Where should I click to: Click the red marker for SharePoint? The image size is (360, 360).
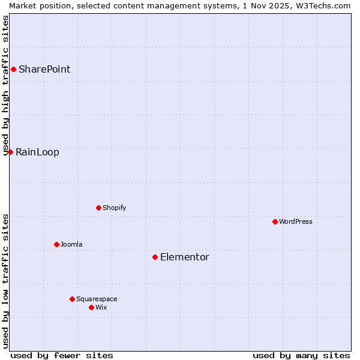[x=13, y=69]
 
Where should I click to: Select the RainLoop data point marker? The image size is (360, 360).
[x=10, y=152]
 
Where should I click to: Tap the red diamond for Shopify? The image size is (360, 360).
[x=98, y=208]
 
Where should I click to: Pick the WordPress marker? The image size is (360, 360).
[x=275, y=221]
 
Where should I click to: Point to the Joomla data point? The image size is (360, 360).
[x=56, y=244]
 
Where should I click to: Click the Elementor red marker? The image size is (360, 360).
[x=155, y=257]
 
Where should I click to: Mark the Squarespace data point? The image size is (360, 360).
[x=72, y=299]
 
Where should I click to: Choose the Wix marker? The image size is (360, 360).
[x=91, y=307]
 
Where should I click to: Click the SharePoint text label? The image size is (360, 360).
[x=44, y=69]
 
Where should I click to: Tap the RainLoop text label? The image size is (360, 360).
[x=37, y=152]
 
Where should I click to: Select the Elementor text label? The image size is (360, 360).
[x=185, y=257]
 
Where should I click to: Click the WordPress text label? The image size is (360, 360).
[x=296, y=221]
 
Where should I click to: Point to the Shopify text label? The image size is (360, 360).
[x=115, y=208]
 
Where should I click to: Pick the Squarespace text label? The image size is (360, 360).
[x=97, y=299]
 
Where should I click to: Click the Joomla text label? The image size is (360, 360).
[x=71, y=244]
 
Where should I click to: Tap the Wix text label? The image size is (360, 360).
[x=101, y=307]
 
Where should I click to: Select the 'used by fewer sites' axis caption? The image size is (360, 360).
[x=62, y=355]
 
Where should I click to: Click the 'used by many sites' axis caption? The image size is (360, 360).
[x=301, y=355]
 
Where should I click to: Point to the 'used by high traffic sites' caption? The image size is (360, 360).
[x=5, y=85]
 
